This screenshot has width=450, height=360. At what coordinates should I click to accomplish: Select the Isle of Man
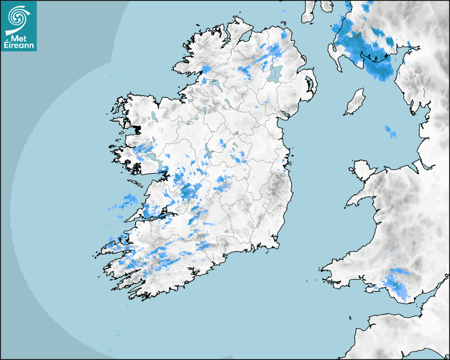coord(355,102)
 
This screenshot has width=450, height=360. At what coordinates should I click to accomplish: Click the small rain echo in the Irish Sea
coord(391,132)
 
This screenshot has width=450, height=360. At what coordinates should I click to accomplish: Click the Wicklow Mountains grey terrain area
coord(278,188)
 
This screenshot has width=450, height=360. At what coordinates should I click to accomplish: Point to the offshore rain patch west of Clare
coord(127,202)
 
